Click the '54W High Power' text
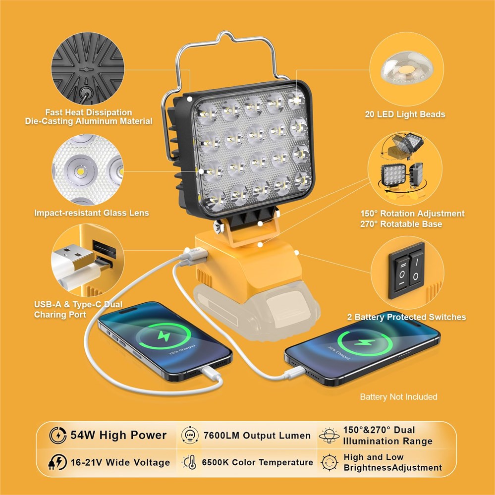click(x=118, y=435)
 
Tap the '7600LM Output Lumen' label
click(x=257, y=436)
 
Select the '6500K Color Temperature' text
click(x=258, y=462)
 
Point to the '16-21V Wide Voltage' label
click(x=120, y=462)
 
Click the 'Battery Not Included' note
click(x=399, y=397)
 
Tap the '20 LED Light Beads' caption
click(x=405, y=114)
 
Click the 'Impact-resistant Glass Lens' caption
click(x=92, y=213)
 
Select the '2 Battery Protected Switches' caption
click(x=407, y=317)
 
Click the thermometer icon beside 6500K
click(x=190, y=462)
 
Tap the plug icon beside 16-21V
click(x=57, y=462)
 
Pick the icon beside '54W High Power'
click(x=58, y=435)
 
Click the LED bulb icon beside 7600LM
click(x=190, y=436)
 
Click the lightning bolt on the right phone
click(x=365, y=342)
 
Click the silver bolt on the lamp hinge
click(x=218, y=226)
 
